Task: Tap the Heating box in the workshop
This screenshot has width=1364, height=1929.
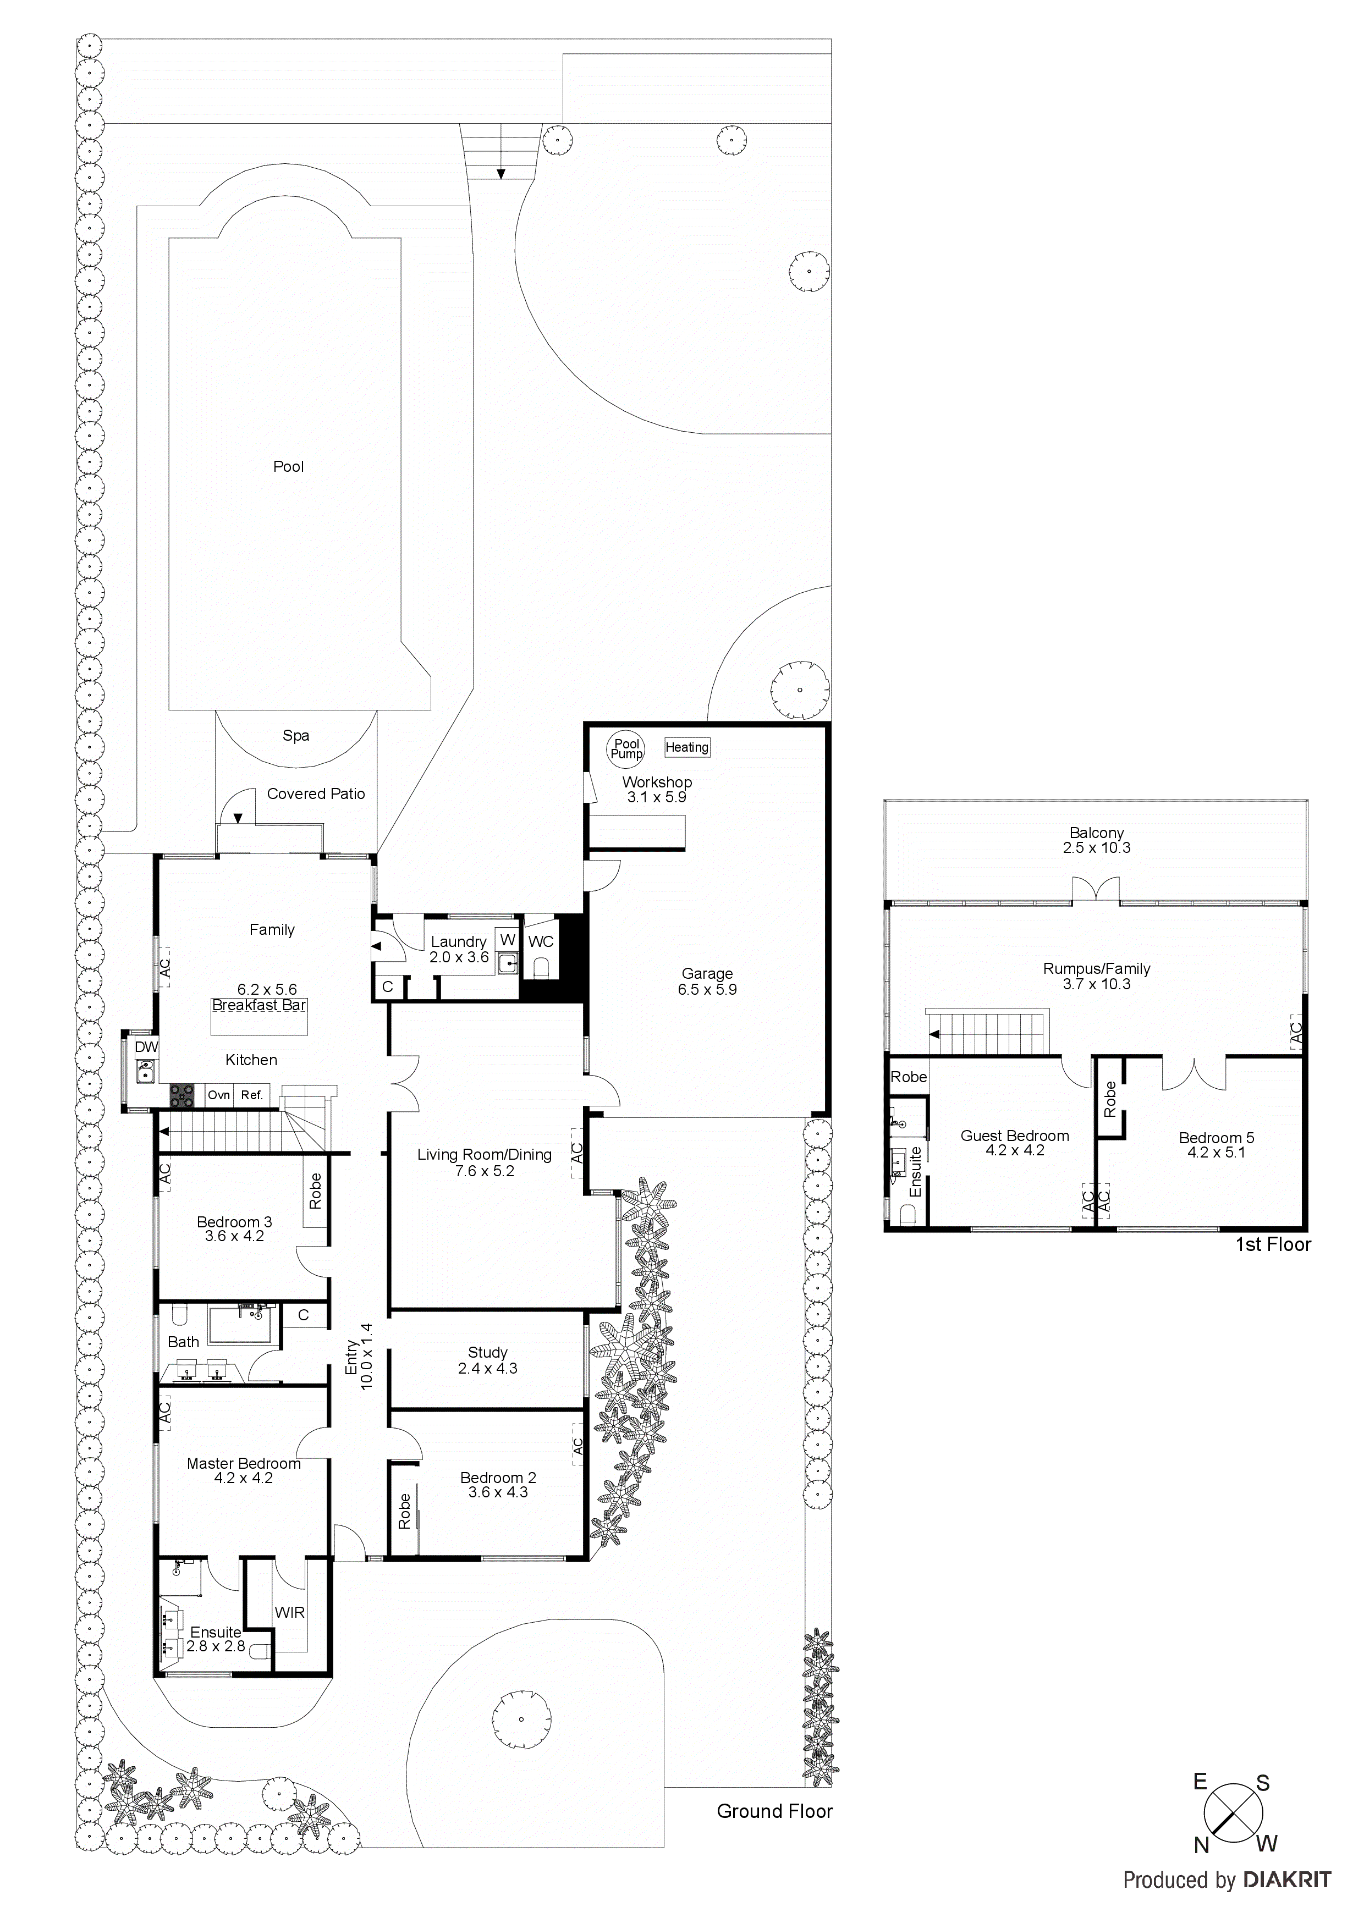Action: [686, 747]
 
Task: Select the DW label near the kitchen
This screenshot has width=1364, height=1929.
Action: [146, 1047]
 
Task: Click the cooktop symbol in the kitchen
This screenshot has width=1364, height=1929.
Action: [183, 1095]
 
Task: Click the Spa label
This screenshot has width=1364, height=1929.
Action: [296, 735]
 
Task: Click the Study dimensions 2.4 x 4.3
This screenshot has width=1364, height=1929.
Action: [487, 1369]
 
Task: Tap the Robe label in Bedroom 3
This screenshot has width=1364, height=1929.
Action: [315, 1192]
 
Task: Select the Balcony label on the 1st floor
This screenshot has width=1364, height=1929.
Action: [1097, 833]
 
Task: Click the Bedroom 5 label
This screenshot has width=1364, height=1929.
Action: [1216, 1138]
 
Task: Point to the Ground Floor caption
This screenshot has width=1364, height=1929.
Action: [774, 1811]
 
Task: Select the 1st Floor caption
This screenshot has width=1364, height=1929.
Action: [1272, 1244]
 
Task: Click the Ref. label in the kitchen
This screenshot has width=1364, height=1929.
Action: [252, 1095]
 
